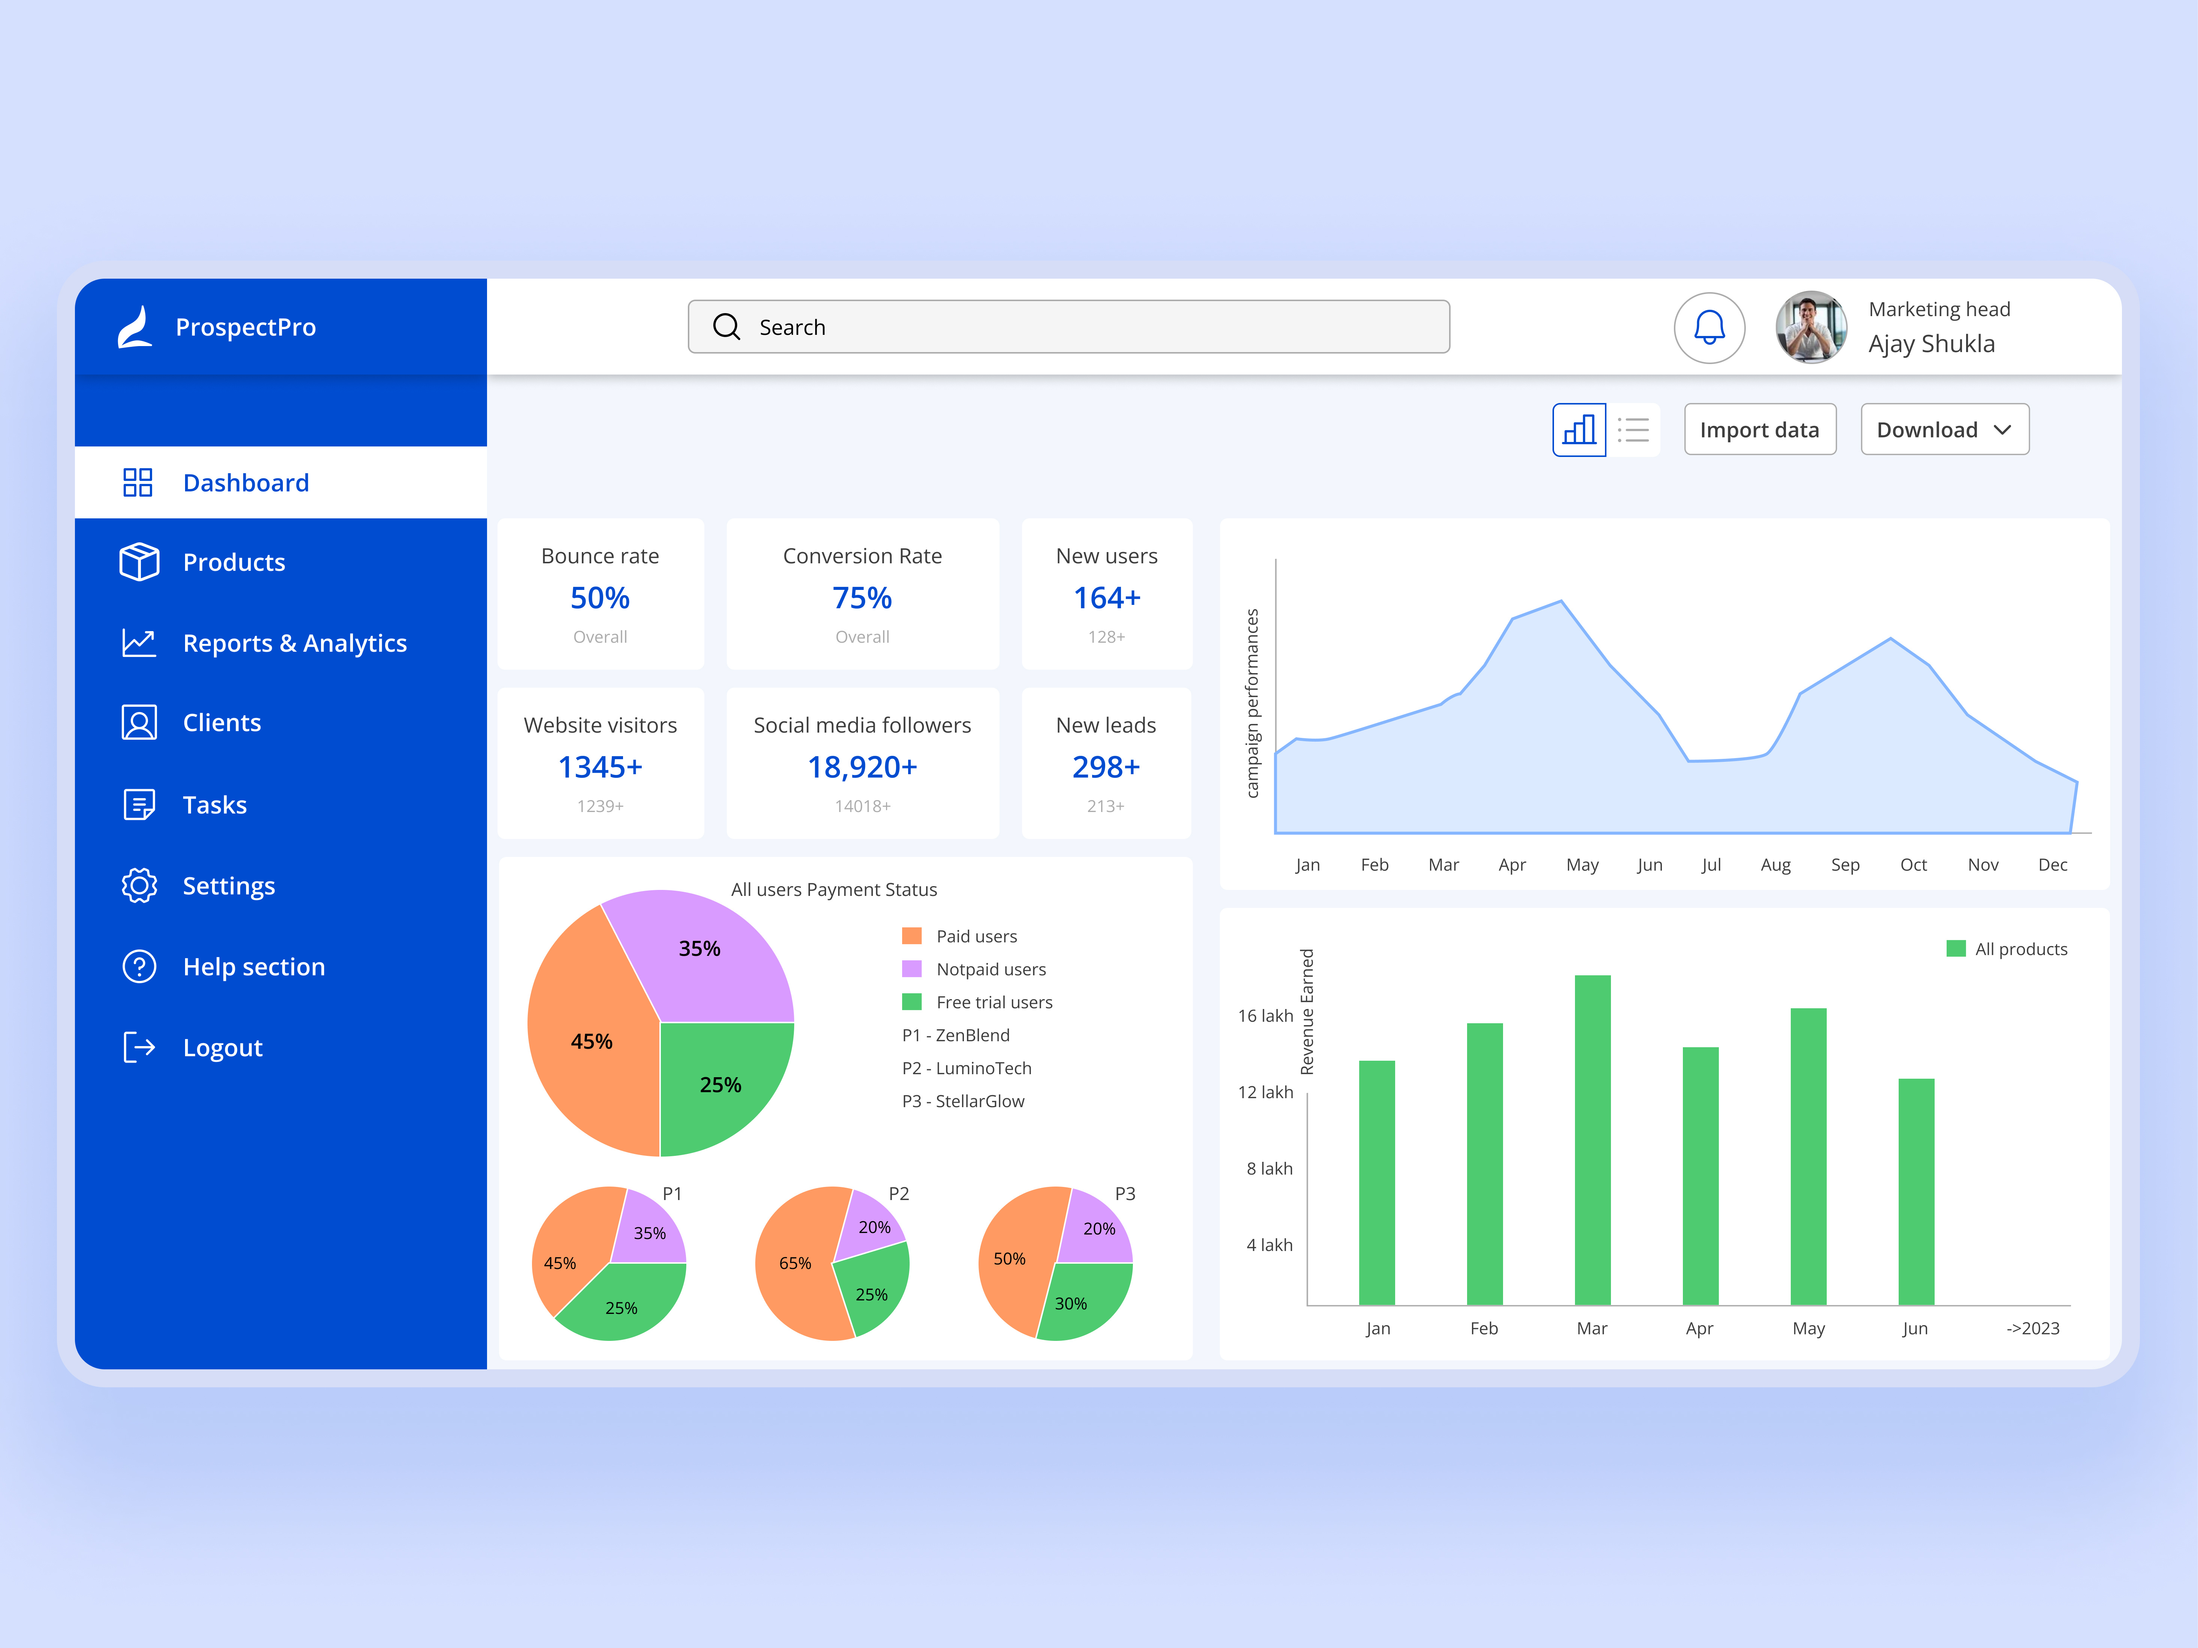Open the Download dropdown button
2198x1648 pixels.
click(x=1944, y=430)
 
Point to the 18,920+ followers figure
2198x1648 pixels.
click(x=862, y=767)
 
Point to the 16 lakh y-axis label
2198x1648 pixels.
click(x=1265, y=1015)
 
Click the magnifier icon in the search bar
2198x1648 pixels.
click(x=726, y=327)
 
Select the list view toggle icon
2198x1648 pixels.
click(x=1633, y=430)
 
